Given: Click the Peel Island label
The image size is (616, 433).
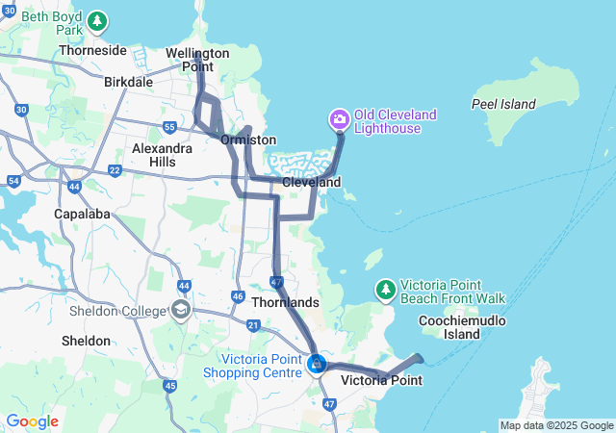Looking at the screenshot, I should [x=503, y=103].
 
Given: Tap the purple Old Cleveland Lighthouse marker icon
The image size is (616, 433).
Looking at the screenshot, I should [x=339, y=120].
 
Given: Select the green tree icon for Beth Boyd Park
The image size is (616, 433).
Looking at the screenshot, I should [x=96, y=21].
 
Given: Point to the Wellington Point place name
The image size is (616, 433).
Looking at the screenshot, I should [x=197, y=60].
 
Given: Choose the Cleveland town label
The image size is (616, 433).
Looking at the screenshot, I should [x=311, y=182].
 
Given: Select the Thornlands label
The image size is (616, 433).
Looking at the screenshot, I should [x=284, y=302].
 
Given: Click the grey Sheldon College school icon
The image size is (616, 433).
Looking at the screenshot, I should [x=180, y=309].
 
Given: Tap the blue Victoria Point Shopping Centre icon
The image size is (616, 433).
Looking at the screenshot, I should [x=317, y=365].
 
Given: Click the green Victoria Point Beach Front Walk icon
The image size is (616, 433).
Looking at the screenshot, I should [x=385, y=289].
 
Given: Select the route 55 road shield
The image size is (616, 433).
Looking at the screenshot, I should [x=169, y=127].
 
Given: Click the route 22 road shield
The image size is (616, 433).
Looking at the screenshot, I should [x=115, y=170].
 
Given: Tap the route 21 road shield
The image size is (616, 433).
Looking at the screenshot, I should [x=252, y=326].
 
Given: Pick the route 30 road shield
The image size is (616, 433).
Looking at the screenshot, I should [x=21, y=111].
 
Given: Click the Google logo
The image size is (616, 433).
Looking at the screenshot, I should [x=32, y=421].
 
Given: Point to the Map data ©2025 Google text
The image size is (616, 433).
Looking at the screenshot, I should [x=556, y=425].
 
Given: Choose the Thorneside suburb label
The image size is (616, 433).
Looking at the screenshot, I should [x=92, y=50].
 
